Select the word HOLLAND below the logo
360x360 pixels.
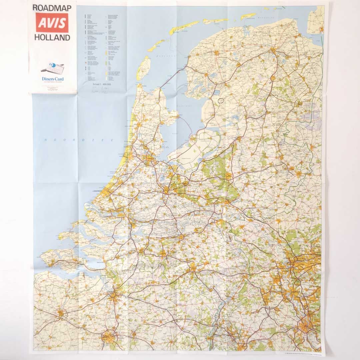tap(52, 37)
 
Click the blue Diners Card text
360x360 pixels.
tap(53, 79)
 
